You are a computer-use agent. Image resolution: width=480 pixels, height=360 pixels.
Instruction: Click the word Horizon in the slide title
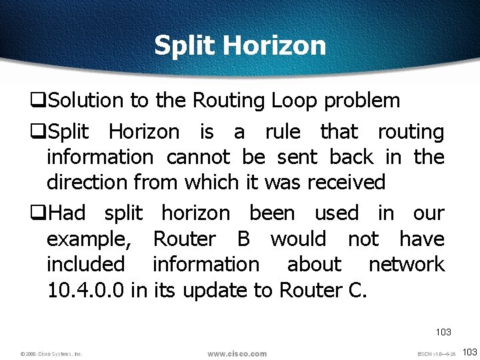(275, 45)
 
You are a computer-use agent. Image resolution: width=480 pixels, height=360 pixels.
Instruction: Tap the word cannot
(197, 157)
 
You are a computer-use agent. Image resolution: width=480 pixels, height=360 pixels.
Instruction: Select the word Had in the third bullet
(67, 213)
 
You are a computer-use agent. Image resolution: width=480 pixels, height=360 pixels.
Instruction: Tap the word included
(85, 264)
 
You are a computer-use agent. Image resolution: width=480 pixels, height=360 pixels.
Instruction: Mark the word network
(406, 264)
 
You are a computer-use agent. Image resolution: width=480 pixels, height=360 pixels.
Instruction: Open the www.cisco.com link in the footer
(237, 354)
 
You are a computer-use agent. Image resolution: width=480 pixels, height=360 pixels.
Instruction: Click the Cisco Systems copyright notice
(51, 354)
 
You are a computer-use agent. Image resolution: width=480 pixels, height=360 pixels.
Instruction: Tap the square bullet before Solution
(37, 101)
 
